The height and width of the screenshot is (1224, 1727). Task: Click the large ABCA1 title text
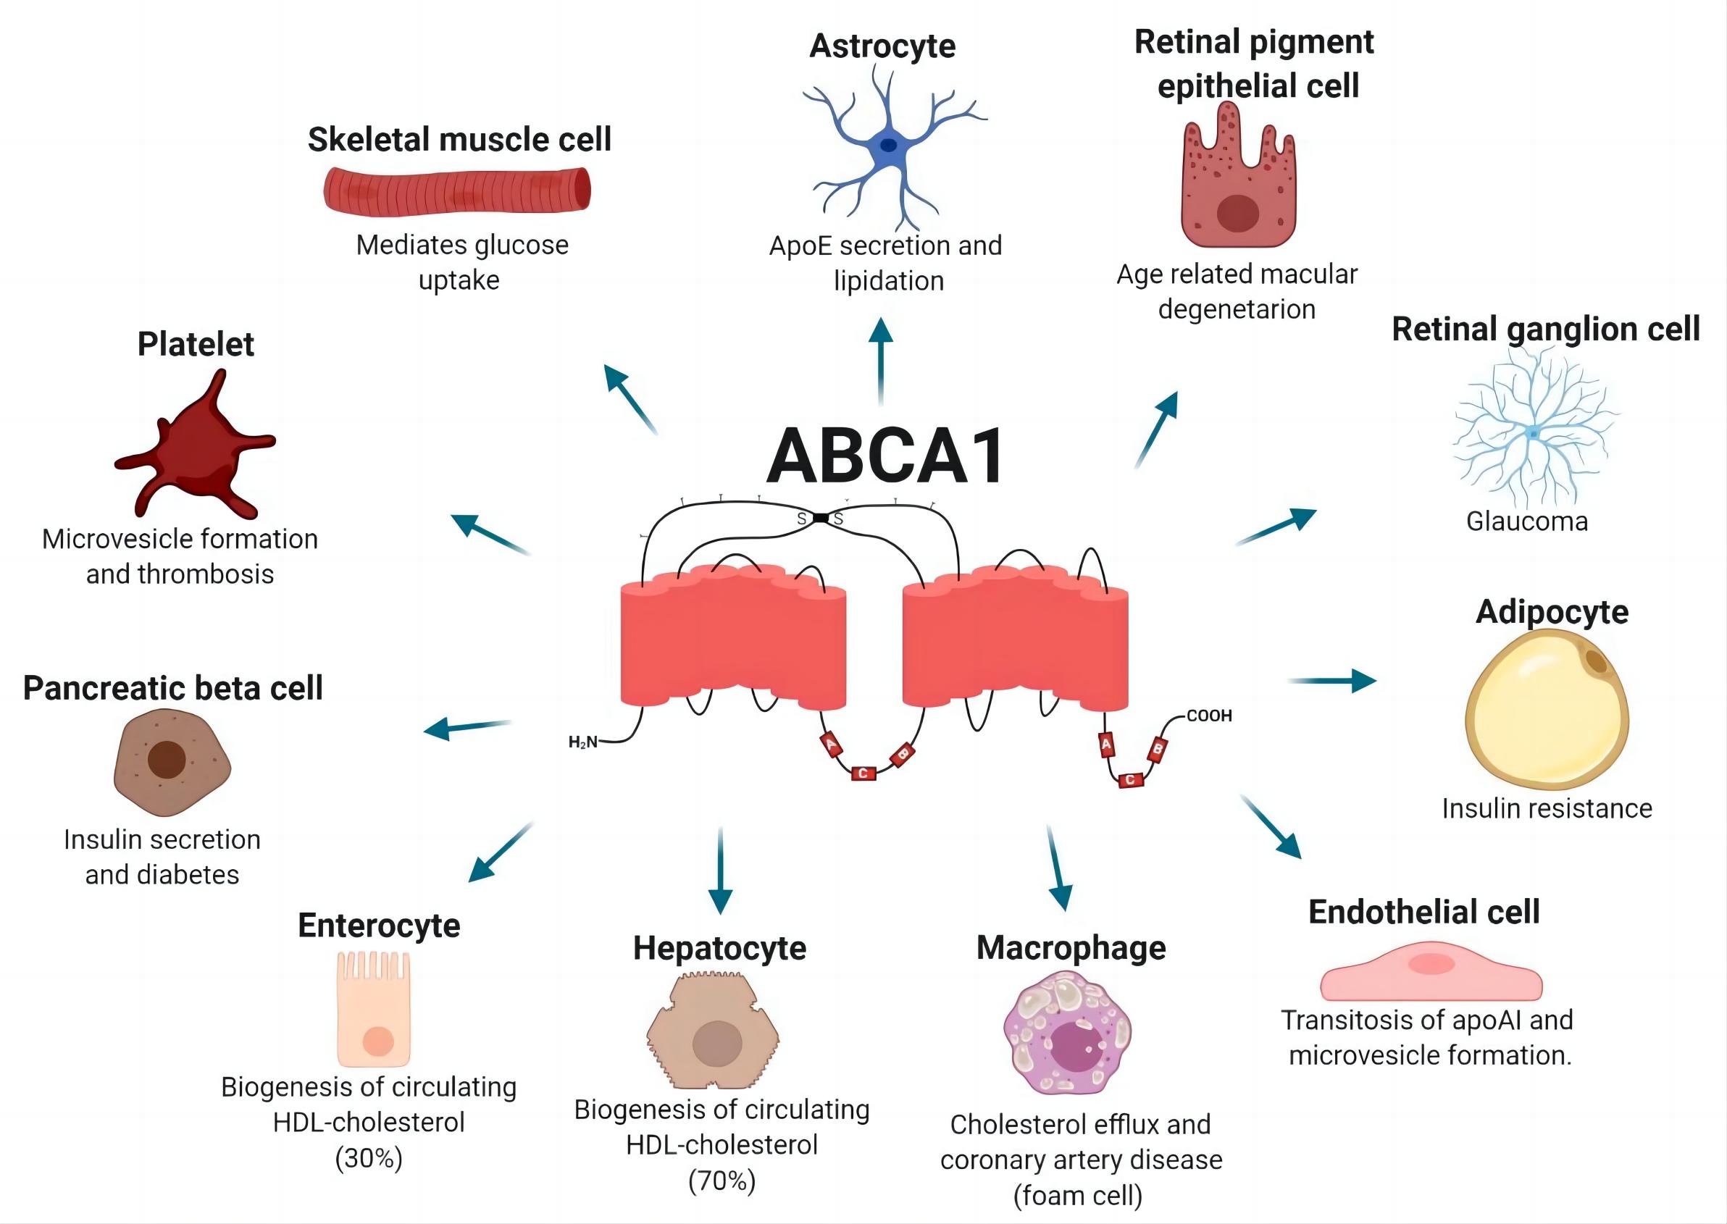coord(885,456)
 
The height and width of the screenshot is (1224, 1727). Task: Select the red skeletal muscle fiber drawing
coord(457,190)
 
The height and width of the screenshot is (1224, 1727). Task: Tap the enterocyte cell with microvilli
coord(374,1010)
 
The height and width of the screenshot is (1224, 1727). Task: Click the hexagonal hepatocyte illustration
coord(713,1033)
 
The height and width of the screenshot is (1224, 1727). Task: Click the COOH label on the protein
coord(1208,716)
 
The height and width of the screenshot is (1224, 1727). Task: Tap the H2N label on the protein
coord(582,742)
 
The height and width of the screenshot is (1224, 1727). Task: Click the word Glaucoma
coord(1526,521)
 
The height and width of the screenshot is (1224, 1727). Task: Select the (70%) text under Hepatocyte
coord(722,1181)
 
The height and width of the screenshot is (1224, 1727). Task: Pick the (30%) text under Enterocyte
coord(369,1157)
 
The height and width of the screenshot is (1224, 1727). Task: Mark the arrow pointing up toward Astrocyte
coord(880,362)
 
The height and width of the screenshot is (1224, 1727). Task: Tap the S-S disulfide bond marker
coord(821,518)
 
